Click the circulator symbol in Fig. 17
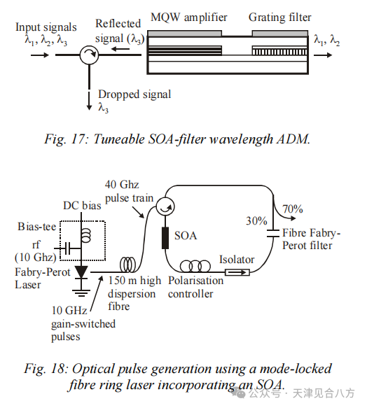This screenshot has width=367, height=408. (89, 55)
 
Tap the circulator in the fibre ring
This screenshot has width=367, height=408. (165, 207)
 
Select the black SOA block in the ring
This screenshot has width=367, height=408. (165, 238)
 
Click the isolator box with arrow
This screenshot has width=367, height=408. (237, 272)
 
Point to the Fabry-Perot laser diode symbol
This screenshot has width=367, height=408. (81, 272)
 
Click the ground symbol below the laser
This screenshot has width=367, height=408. (81, 293)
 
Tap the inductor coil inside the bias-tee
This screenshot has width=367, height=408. (85, 235)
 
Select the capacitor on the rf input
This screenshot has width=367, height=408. (67, 248)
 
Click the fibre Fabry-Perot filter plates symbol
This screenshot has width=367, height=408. (273, 233)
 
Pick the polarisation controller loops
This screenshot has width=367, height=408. (195, 266)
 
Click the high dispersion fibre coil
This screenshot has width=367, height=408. (128, 265)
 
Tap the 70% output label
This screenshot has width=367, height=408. (293, 209)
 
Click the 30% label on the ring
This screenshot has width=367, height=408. (256, 221)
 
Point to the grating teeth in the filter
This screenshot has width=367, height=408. (279, 52)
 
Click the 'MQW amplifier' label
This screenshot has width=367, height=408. (189, 17)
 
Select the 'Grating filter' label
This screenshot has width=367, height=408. (279, 17)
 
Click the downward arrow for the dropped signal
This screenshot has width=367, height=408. (89, 101)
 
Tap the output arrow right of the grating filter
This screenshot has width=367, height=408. (323, 55)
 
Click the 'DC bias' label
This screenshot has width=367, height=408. (82, 206)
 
